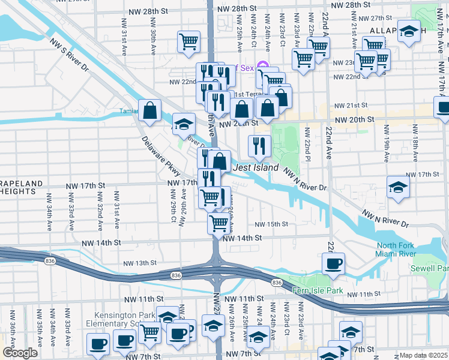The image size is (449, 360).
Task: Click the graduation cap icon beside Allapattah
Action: [409, 32]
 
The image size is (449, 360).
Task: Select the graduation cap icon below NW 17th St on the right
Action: [398, 187]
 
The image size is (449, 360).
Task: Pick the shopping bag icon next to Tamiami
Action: [149, 110]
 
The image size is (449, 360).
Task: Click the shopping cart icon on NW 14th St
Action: [219, 223]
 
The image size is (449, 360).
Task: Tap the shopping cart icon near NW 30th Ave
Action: [188, 41]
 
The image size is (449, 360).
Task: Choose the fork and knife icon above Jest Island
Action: [259, 145]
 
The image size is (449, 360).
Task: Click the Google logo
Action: [20, 353]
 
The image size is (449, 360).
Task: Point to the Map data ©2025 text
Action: [423, 355]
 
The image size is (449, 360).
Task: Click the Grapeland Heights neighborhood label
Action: [22, 187]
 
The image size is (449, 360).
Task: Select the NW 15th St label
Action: [271, 224]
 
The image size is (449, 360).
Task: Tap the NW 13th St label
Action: [140, 263]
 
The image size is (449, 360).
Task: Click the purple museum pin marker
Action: [262, 66]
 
